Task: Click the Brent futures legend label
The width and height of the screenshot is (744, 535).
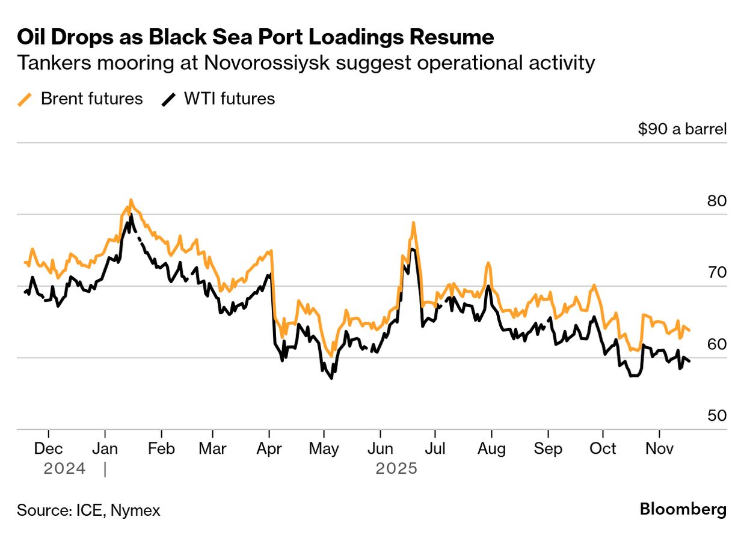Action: click(91, 99)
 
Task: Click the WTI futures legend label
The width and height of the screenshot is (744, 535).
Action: click(229, 99)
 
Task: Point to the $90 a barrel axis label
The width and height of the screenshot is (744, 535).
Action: click(682, 129)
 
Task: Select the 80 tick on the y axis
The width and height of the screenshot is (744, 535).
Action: click(717, 201)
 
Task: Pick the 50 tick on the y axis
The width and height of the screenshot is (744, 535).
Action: click(717, 416)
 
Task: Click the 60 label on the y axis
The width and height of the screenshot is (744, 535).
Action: click(717, 344)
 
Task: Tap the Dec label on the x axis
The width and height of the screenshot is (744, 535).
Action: click(48, 448)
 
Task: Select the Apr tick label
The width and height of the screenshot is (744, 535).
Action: click(269, 448)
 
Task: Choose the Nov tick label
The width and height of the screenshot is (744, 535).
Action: click(659, 448)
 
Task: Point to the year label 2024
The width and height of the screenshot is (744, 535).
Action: click(64, 468)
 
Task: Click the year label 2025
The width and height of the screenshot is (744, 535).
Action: click(396, 468)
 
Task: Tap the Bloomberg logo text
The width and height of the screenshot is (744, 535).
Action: click(683, 510)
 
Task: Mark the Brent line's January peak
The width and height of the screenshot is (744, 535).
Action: click(131, 200)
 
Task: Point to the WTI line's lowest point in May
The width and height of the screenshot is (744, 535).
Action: click(331, 378)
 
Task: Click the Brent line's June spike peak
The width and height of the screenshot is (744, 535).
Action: click(414, 223)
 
